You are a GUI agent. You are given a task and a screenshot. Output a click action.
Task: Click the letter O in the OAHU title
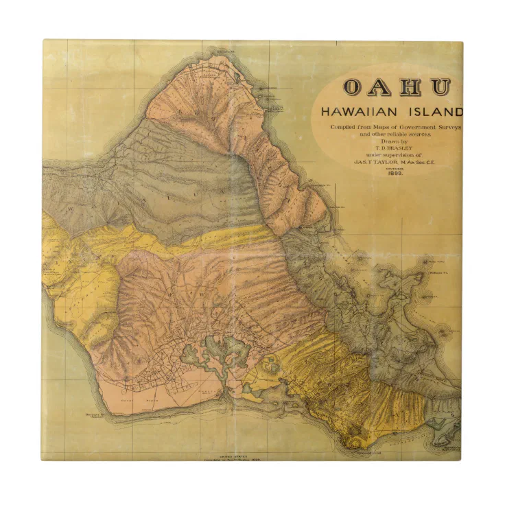[x=353, y=87]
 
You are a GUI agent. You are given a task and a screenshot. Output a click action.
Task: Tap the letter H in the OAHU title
[x=412, y=87]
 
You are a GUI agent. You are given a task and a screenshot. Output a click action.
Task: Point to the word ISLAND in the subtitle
[x=438, y=112]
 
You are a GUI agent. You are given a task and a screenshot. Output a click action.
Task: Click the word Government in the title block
[x=413, y=128]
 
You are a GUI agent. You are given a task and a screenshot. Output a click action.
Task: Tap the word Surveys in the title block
[x=447, y=128]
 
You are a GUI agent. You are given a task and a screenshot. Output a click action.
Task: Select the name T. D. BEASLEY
[x=388, y=148]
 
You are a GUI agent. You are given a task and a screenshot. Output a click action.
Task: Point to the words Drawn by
[x=388, y=141]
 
